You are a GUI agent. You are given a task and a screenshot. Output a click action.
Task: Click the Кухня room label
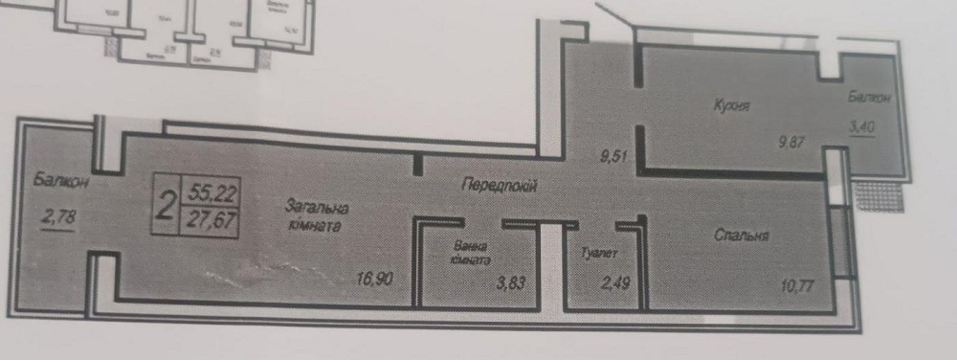pyautogui.click(x=730, y=106)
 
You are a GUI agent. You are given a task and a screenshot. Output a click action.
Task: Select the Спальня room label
pyautogui.click(x=742, y=235)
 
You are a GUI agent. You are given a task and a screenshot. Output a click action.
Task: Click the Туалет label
pyautogui.click(x=598, y=255)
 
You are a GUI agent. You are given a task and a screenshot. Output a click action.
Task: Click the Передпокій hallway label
pyautogui.click(x=497, y=188)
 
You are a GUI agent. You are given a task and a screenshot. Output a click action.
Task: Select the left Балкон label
pyautogui.click(x=54, y=179)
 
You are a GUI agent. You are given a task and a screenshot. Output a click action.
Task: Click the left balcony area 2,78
pyautogui.click(x=58, y=219)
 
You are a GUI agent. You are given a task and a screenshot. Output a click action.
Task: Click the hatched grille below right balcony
pyautogui.click(x=877, y=196)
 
